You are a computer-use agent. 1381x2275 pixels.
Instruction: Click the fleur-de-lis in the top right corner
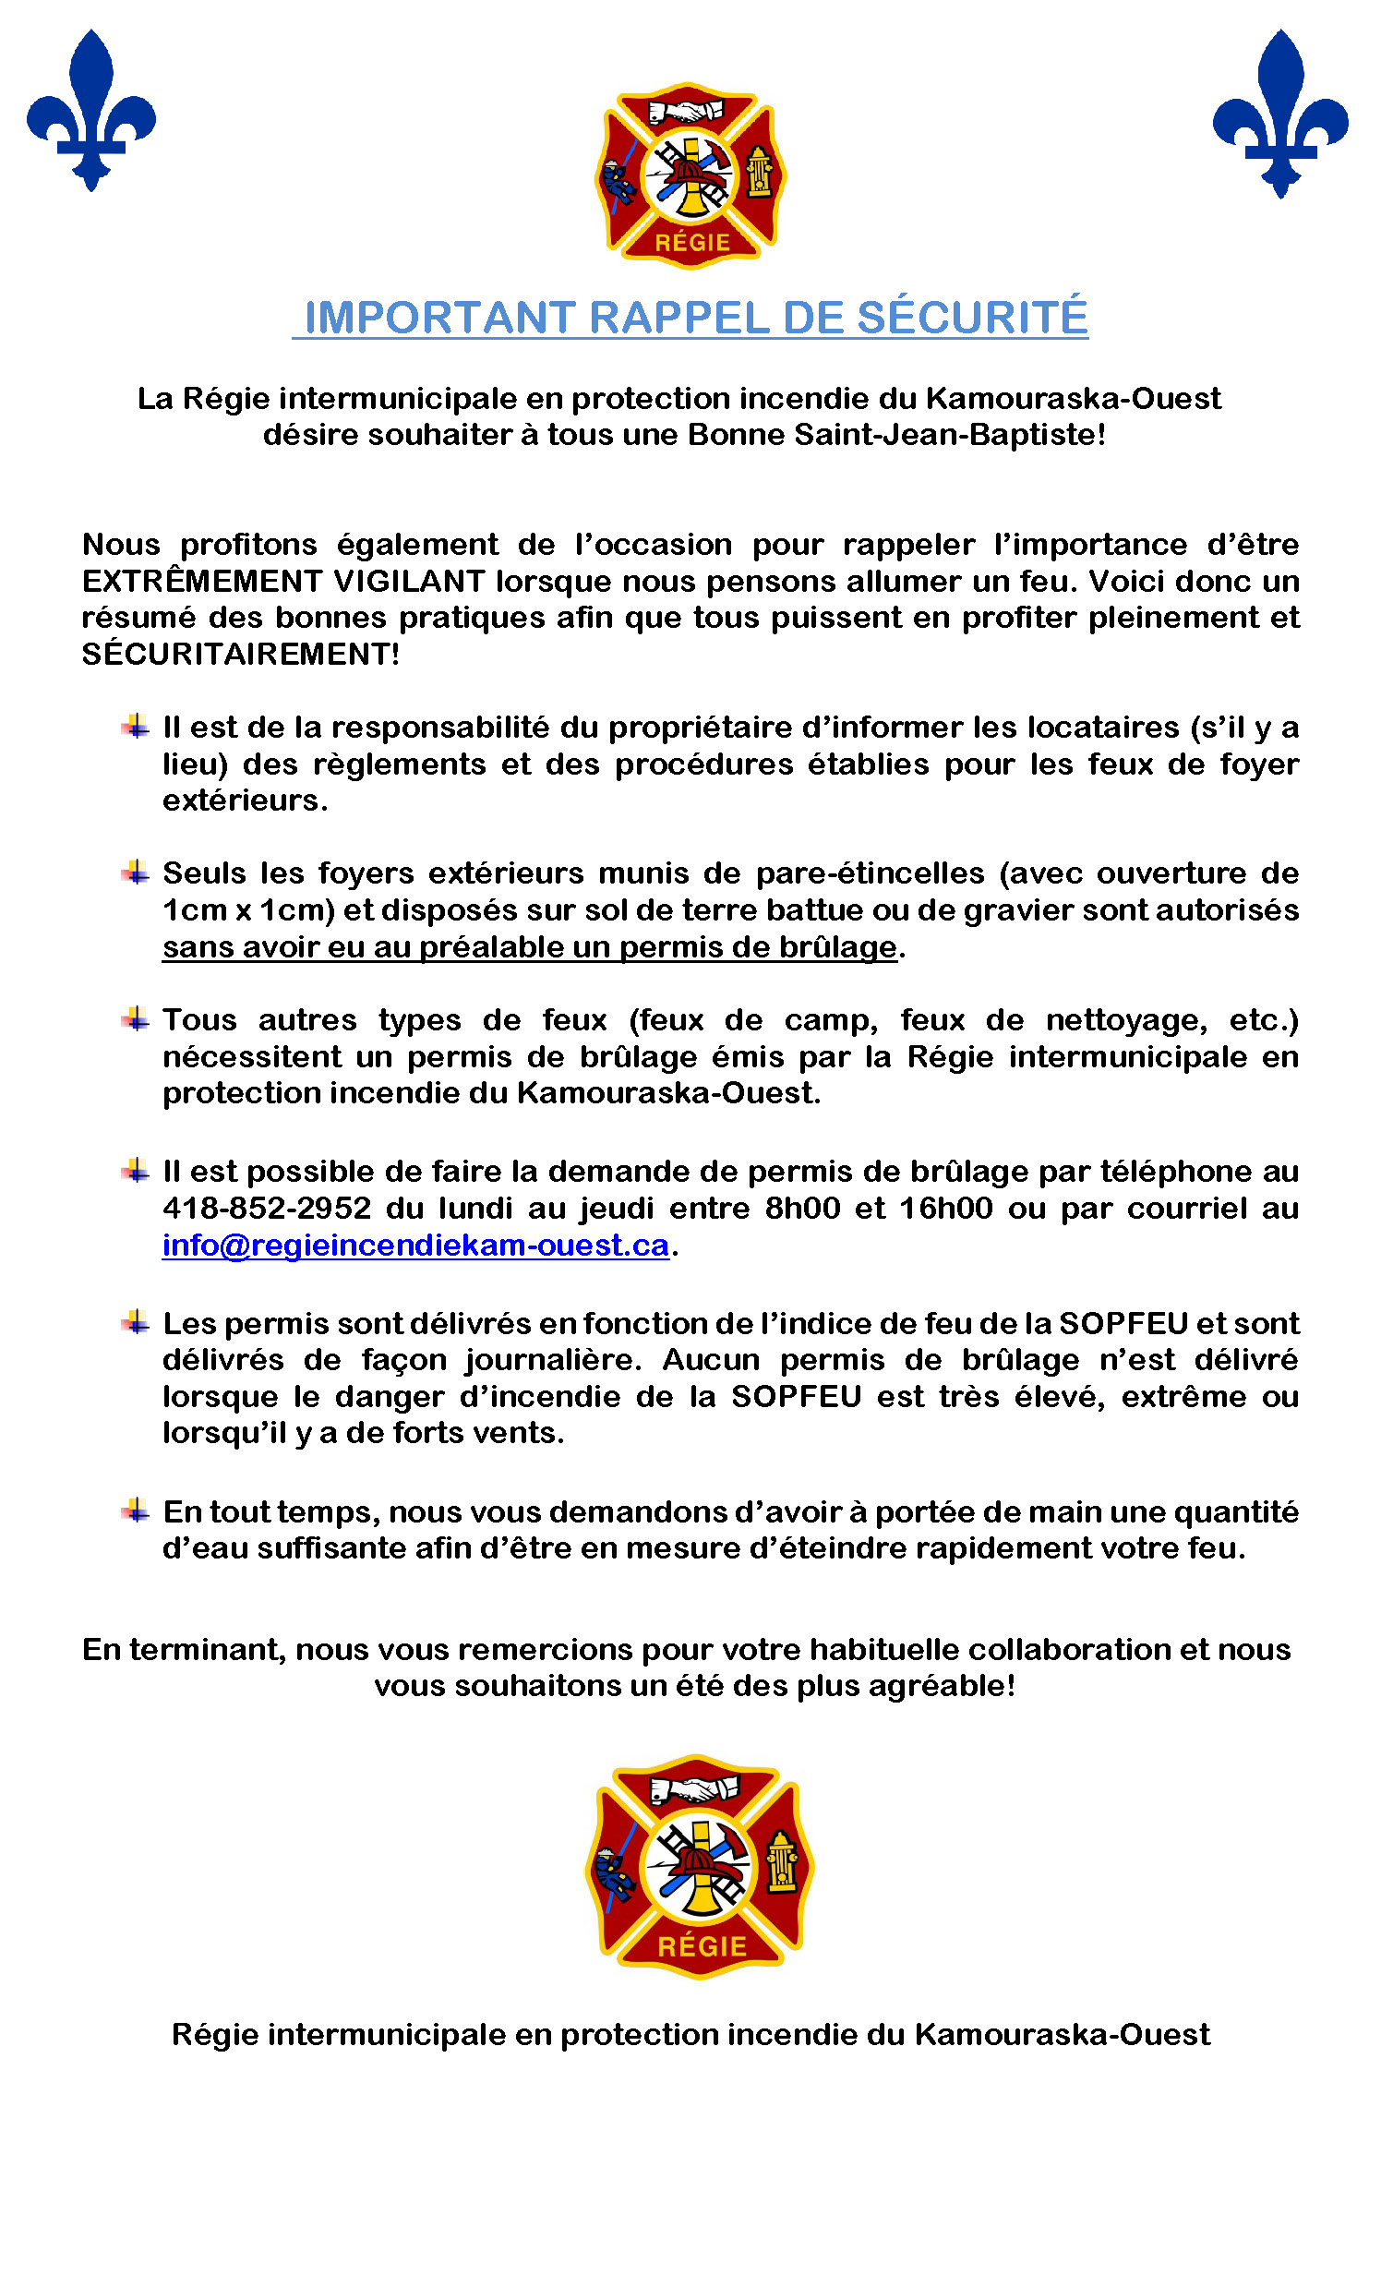point(1280,113)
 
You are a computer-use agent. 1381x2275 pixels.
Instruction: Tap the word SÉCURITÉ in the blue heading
point(972,318)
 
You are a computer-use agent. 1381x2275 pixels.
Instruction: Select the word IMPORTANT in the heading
point(440,318)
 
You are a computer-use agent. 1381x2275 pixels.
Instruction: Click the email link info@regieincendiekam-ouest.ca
point(415,1246)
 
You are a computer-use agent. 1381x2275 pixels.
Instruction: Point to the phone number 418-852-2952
point(266,1209)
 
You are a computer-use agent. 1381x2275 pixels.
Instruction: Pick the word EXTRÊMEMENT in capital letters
point(202,582)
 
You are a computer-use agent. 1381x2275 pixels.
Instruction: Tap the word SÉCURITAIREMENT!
point(241,655)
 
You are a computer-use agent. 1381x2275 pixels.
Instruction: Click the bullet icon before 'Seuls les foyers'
point(136,873)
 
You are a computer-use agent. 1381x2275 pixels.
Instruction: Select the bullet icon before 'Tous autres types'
point(136,1019)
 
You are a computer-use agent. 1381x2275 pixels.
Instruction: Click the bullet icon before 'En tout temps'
point(136,1511)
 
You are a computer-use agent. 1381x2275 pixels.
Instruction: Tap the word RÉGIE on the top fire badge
point(692,243)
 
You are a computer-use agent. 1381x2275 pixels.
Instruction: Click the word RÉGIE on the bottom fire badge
point(702,1946)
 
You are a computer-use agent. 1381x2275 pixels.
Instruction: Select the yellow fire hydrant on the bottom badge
point(782,1861)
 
